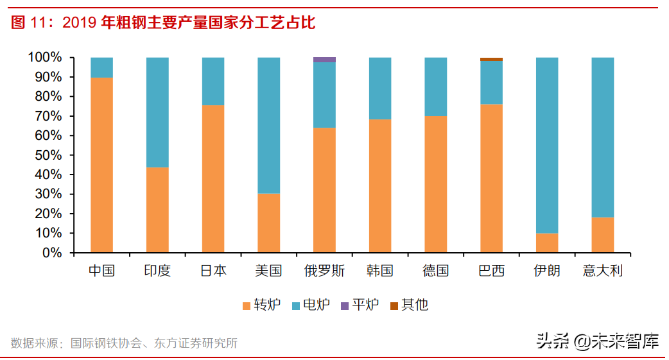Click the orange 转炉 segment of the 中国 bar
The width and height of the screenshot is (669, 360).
click(x=101, y=165)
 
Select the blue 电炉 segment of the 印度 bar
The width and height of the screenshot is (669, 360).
click(x=157, y=112)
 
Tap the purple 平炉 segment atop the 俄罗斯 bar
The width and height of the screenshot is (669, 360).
click(x=324, y=60)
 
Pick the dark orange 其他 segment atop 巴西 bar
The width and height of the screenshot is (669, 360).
click(x=491, y=60)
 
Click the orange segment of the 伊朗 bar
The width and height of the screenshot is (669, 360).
click(x=547, y=243)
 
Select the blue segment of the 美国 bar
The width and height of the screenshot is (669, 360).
click(x=268, y=125)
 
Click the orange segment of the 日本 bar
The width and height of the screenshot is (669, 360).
click(x=213, y=178)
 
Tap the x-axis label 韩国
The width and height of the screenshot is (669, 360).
click(x=380, y=271)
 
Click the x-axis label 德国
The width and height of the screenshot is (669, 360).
click(x=435, y=271)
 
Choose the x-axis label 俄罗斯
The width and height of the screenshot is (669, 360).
click(x=324, y=271)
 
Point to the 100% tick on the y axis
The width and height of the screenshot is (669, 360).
click(x=45, y=58)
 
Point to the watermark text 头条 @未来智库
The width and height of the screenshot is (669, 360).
click(x=598, y=340)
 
